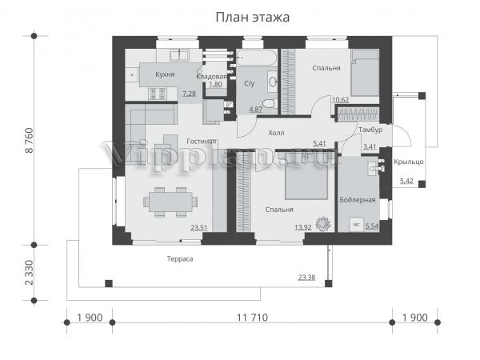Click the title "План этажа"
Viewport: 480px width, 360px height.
(x=253, y=17)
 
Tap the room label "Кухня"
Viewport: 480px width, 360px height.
(x=165, y=74)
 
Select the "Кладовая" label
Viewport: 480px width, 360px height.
(x=211, y=77)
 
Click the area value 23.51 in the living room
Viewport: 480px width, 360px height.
(x=199, y=228)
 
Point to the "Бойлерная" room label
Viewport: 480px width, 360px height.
(x=358, y=200)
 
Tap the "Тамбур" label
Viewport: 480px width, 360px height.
(x=370, y=130)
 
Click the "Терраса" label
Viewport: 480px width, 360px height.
(x=180, y=259)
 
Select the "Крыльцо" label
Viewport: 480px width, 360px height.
(x=409, y=162)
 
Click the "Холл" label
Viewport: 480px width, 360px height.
(x=276, y=133)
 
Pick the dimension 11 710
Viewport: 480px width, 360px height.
(x=252, y=318)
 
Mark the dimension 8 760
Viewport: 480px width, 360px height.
(x=30, y=140)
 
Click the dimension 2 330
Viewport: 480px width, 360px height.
(x=30, y=273)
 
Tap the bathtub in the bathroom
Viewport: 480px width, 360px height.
(x=257, y=58)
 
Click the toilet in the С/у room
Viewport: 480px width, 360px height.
(x=269, y=103)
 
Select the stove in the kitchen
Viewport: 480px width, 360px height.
(x=158, y=94)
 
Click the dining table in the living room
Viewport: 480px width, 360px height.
(x=170, y=202)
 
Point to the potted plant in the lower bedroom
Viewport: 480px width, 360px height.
(x=323, y=223)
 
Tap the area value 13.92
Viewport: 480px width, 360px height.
(x=303, y=227)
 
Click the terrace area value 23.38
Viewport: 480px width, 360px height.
(x=306, y=278)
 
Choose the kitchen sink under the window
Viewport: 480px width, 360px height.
(x=179, y=55)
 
